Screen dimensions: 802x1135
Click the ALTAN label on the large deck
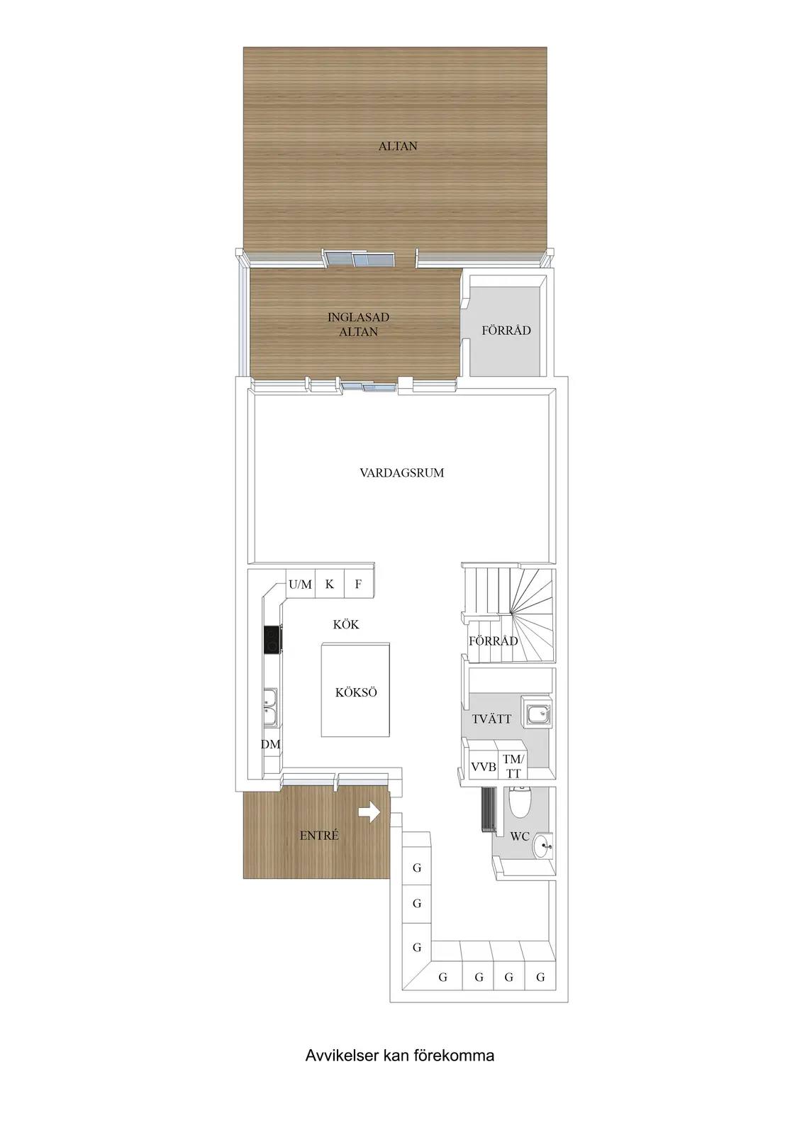[398, 146]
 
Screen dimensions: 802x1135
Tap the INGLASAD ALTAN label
[358, 325]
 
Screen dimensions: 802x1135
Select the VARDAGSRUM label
[402, 472]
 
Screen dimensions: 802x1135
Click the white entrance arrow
[369, 813]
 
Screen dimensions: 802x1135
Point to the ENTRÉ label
[318, 836]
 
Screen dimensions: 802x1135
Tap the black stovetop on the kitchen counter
[273, 639]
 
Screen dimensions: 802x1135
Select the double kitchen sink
[270, 706]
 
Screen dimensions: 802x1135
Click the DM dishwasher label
[271, 744]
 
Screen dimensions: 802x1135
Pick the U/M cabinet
[301, 585]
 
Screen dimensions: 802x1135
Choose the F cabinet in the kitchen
[360, 585]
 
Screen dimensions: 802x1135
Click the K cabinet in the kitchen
[330, 585]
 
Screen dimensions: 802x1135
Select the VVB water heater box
[483, 766]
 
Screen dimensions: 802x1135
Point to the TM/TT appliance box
[512, 766]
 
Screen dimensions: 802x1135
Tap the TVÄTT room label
[491, 719]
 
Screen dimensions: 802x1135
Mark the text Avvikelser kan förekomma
[400, 1056]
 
